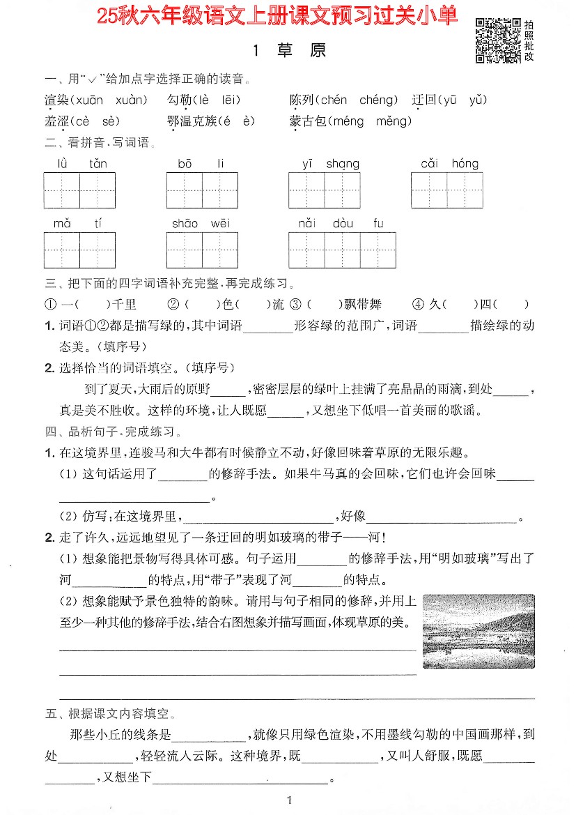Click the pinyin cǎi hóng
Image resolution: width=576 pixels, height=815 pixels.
[x=449, y=164]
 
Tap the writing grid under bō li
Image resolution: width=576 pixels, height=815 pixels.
[x=202, y=190]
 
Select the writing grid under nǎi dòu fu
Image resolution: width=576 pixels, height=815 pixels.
[x=342, y=250]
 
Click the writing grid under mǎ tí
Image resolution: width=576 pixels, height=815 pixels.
[x=79, y=250]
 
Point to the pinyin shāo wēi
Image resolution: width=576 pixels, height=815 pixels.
[x=201, y=223]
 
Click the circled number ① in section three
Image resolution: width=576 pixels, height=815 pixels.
[x=50, y=305]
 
